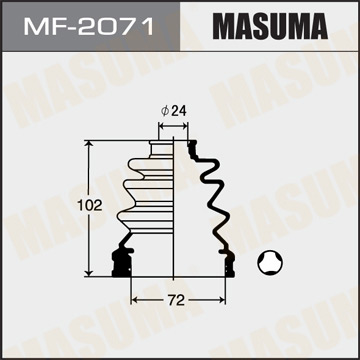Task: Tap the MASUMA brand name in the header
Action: click(270, 23)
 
